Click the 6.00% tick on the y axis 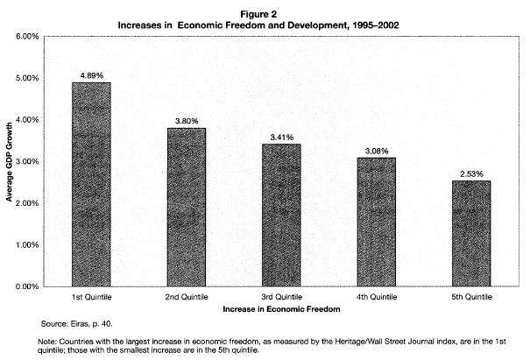(x=27, y=37)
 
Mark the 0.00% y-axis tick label (x=27, y=286)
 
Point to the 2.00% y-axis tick (x=27, y=203)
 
